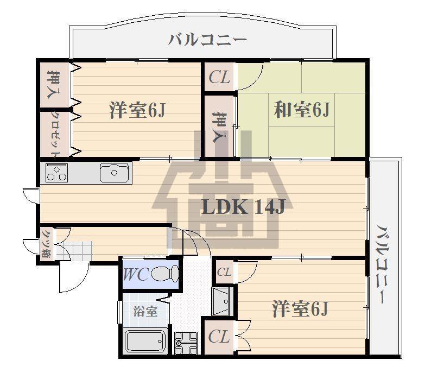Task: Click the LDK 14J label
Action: point(243,207)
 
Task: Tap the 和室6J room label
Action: point(302,110)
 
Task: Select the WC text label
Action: point(136,274)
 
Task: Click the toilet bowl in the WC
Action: point(164,273)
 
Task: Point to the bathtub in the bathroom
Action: point(145,341)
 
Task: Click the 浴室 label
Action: point(145,312)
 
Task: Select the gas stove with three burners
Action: point(56,173)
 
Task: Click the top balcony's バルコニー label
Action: point(207,40)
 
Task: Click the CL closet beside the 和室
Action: point(219,77)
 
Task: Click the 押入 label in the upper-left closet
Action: point(54,84)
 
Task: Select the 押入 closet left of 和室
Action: point(220,127)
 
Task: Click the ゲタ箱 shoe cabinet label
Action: point(46,243)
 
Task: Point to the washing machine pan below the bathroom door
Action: point(186,343)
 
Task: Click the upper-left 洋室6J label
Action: point(137,110)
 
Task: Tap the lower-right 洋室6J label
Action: point(300,309)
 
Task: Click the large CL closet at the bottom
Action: point(219,337)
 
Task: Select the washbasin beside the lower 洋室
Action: point(223,301)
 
